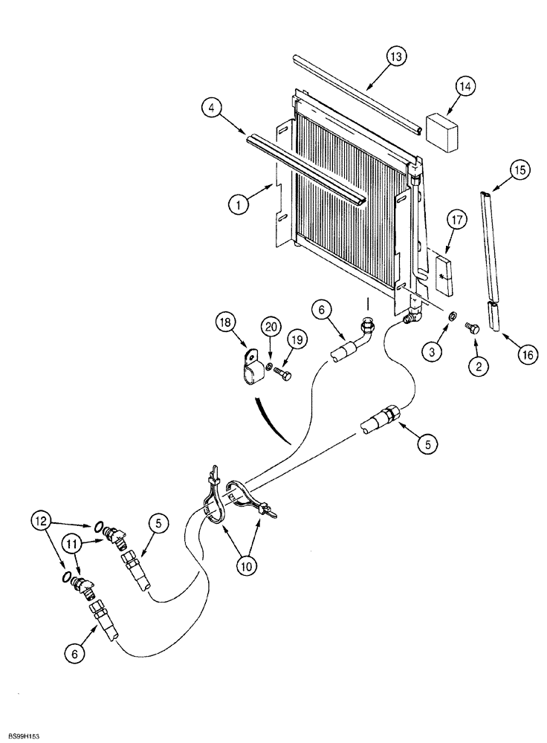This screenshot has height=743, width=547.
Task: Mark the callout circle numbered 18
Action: pyautogui.click(x=226, y=322)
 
